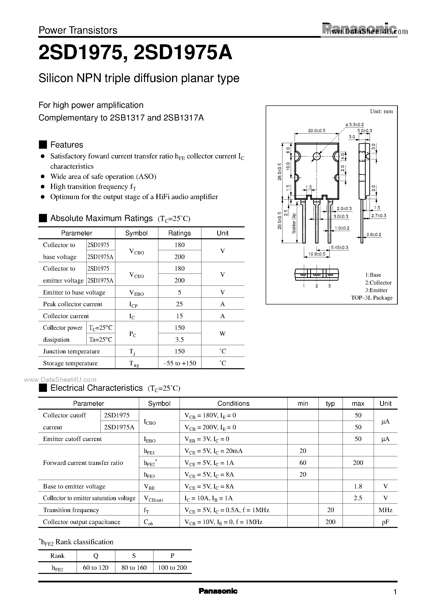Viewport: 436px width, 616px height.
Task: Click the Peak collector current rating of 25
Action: [179, 304]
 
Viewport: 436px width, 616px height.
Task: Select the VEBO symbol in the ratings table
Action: [136, 293]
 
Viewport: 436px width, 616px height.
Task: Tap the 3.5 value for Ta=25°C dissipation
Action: [179, 340]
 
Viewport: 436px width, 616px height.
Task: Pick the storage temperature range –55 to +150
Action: [179, 363]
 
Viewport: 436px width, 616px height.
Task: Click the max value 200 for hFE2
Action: [358, 462]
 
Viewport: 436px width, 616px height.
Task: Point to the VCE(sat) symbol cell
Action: [153, 498]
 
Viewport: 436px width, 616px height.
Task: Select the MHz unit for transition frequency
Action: [385, 510]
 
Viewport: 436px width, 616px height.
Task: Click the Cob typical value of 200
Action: [330, 522]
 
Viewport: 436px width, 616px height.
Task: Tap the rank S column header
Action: [134, 556]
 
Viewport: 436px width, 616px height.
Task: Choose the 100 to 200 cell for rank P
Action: [172, 567]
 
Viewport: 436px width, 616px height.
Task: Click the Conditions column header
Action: [233, 403]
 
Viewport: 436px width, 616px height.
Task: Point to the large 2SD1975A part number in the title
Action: [182, 53]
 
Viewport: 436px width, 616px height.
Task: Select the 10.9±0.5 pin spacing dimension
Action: [317, 254]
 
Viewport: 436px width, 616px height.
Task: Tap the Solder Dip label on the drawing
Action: [294, 223]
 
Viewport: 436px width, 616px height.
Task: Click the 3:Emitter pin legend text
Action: [376, 290]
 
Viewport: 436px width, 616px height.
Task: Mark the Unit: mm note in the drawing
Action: [381, 111]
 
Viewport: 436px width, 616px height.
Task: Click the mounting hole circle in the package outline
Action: [317, 156]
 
